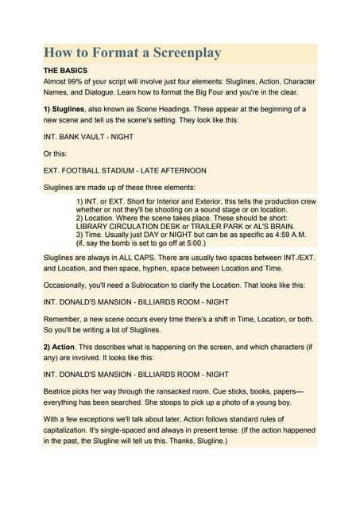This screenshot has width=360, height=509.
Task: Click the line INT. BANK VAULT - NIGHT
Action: coord(88,137)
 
